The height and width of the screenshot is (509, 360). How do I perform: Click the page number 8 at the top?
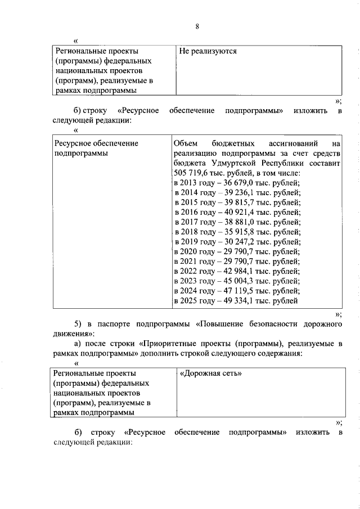tap(197, 26)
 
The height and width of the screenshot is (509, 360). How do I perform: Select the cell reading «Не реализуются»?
tap(208, 51)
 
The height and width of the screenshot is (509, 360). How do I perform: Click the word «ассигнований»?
tap(293, 143)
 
